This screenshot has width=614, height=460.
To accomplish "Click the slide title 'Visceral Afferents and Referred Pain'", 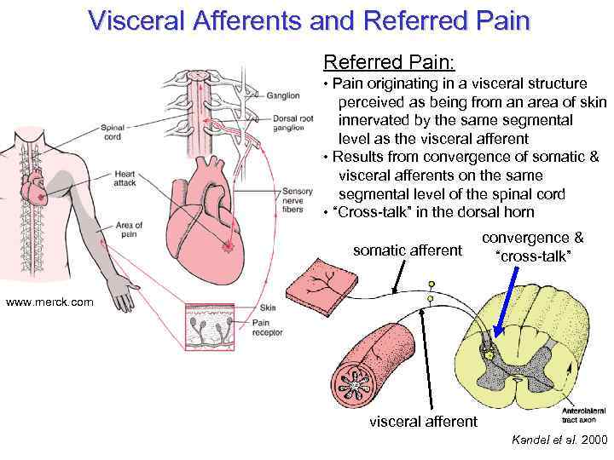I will [309, 20].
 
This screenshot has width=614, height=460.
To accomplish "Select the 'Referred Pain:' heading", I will [389, 62].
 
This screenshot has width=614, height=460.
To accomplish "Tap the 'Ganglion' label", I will [282, 95].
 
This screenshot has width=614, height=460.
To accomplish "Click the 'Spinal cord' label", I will [113, 132].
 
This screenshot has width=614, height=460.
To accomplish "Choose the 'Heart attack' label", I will [124, 179].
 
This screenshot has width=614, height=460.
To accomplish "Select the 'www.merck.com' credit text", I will [48, 302].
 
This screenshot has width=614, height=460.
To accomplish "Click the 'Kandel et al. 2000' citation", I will [559, 440].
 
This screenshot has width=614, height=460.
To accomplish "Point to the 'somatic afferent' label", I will [408, 250].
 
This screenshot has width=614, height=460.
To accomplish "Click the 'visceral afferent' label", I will [423, 421].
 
